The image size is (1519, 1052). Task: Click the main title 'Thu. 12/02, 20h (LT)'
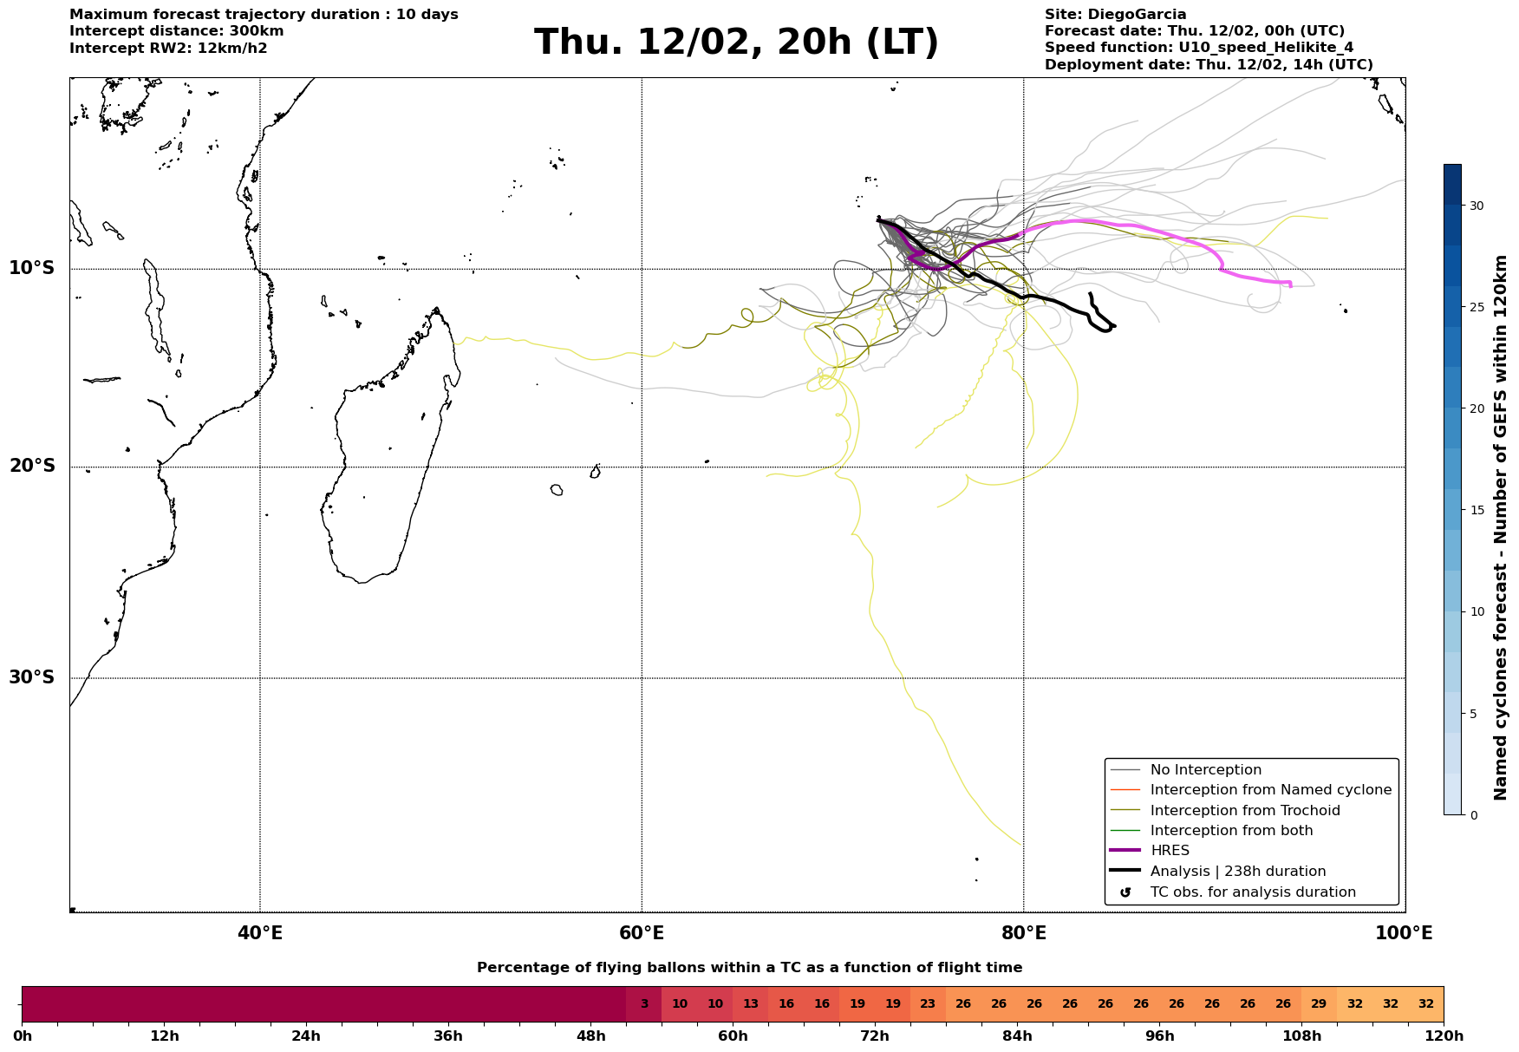pos(736,42)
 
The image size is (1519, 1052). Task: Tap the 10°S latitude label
pos(32,268)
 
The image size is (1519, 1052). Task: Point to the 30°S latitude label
pos(32,677)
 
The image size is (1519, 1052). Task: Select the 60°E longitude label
pos(642,933)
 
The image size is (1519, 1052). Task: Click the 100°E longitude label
pos(1405,933)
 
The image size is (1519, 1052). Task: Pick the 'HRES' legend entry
pos(1170,851)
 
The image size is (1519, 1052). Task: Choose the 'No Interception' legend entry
pos(1205,770)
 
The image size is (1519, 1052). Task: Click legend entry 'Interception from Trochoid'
pos(1244,811)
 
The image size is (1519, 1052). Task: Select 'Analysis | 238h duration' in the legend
pos(1237,872)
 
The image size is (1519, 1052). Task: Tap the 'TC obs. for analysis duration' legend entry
pos(1252,892)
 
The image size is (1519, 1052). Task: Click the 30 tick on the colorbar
pos(1476,206)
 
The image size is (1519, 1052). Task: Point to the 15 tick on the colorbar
pos(1476,510)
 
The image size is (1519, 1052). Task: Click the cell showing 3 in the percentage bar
pos(644,1004)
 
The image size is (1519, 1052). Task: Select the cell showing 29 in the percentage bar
pos(1319,1004)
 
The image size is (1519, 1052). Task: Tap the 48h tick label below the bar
pos(590,1036)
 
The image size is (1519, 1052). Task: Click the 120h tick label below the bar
pos(1444,1036)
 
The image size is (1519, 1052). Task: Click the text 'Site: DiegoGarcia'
pos(1115,15)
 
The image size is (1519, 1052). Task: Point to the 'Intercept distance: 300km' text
pos(176,31)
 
